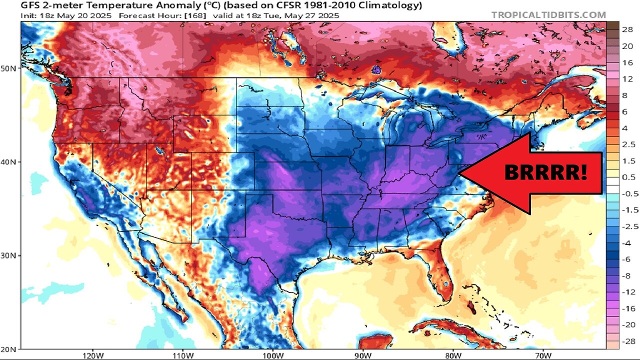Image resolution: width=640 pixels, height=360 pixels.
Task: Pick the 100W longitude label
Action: coord(273,355)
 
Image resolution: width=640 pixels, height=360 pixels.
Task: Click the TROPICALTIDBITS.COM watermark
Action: coord(548,15)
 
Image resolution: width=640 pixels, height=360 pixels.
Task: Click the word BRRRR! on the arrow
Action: coord(545,173)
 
